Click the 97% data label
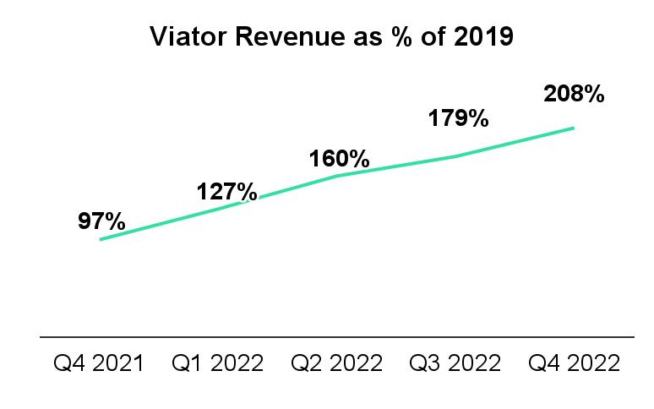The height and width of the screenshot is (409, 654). (101, 221)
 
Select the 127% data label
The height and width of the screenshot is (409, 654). (227, 192)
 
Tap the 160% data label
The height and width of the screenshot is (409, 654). (339, 158)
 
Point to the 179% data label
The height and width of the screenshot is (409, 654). (458, 118)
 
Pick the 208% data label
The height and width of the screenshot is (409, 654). (574, 94)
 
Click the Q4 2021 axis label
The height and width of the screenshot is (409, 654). (99, 363)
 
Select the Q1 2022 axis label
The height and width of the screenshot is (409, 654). (218, 363)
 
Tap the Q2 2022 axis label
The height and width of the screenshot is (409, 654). (336, 363)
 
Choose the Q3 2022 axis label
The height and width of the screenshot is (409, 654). (455, 363)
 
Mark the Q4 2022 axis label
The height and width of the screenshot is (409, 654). (575, 363)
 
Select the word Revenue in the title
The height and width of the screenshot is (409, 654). (291, 36)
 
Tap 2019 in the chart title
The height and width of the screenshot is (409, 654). (484, 36)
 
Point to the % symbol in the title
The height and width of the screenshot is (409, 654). (402, 36)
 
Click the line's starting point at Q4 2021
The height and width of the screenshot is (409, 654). (101, 239)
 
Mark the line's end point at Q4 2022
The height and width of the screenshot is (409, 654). (574, 128)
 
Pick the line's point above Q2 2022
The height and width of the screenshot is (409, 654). (336, 176)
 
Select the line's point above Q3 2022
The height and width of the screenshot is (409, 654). (455, 157)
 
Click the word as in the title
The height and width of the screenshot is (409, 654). (368, 39)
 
